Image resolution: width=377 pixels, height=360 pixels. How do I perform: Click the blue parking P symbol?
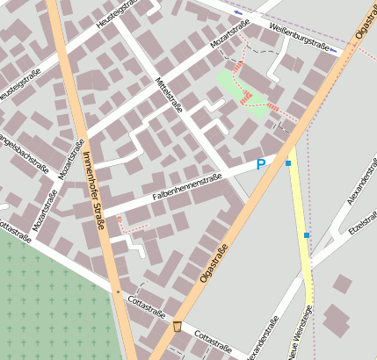click(x=260, y=164)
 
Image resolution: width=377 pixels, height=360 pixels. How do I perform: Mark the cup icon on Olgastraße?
click(x=178, y=327)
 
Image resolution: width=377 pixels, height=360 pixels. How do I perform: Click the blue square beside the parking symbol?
click(x=287, y=162)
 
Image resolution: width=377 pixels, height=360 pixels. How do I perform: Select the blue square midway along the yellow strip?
click(x=307, y=235)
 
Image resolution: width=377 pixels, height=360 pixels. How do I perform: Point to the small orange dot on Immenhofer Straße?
click(x=118, y=292)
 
